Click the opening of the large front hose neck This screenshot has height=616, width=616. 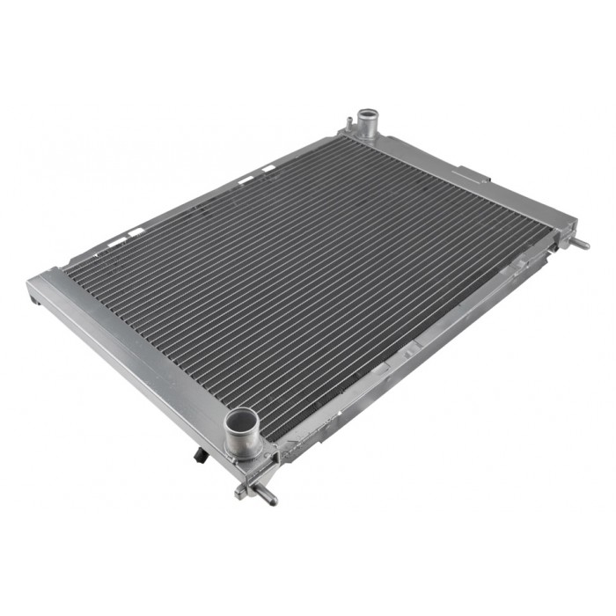pyautogui.click(x=242, y=419)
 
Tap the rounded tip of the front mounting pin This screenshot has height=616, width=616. pyautogui.click(x=272, y=500)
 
